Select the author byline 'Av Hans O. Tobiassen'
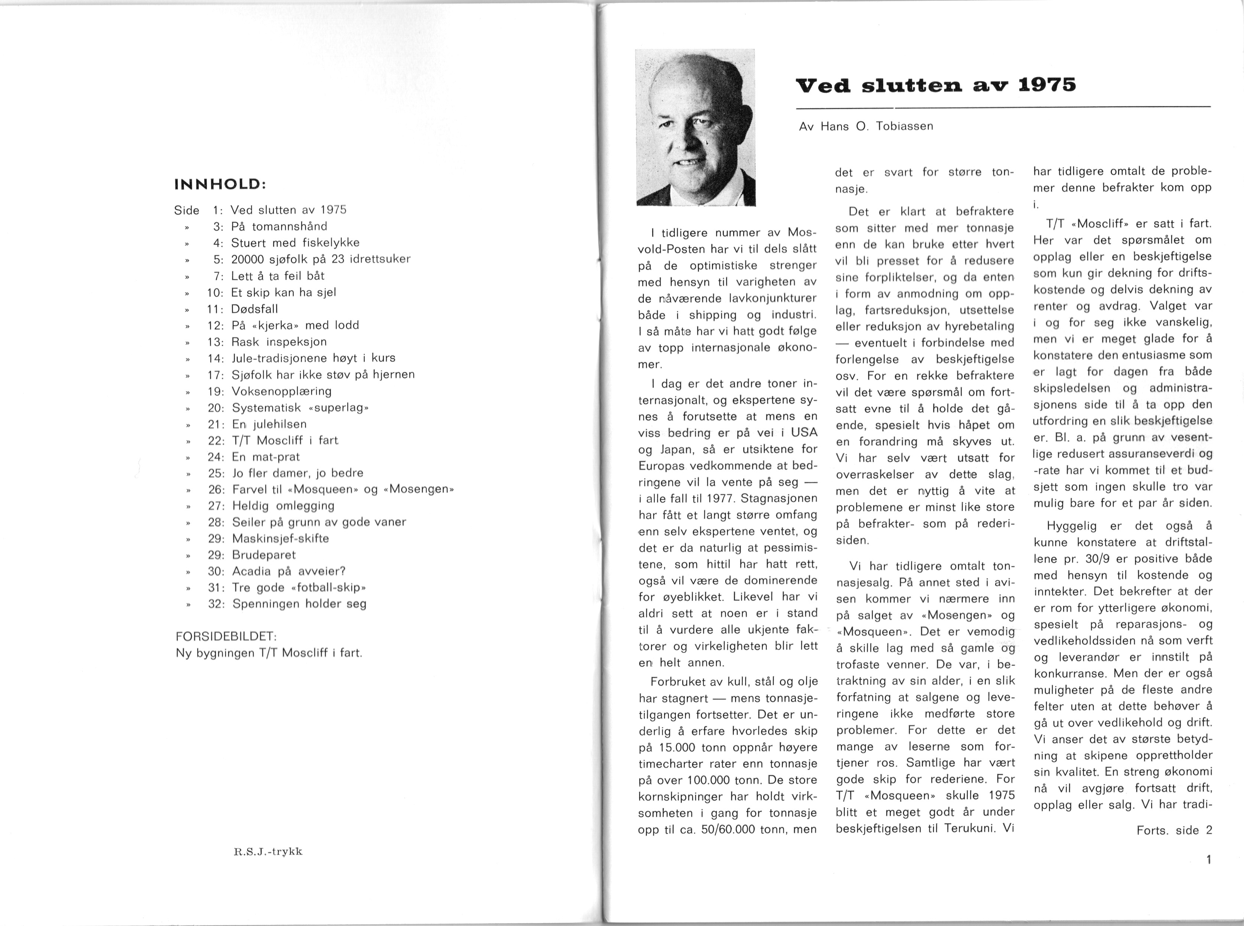click(866, 127)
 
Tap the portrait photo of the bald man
click(696, 128)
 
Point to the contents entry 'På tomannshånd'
click(279, 227)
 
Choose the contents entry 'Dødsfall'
click(255, 309)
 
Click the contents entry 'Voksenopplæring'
click(281, 391)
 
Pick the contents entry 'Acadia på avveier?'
click(289, 571)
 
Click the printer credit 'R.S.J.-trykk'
click(268, 851)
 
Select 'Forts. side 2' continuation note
click(1174, 831)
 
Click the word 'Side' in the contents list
click(187, 210)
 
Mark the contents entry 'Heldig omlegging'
click(283, 506)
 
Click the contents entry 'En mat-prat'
click(266, 457)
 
